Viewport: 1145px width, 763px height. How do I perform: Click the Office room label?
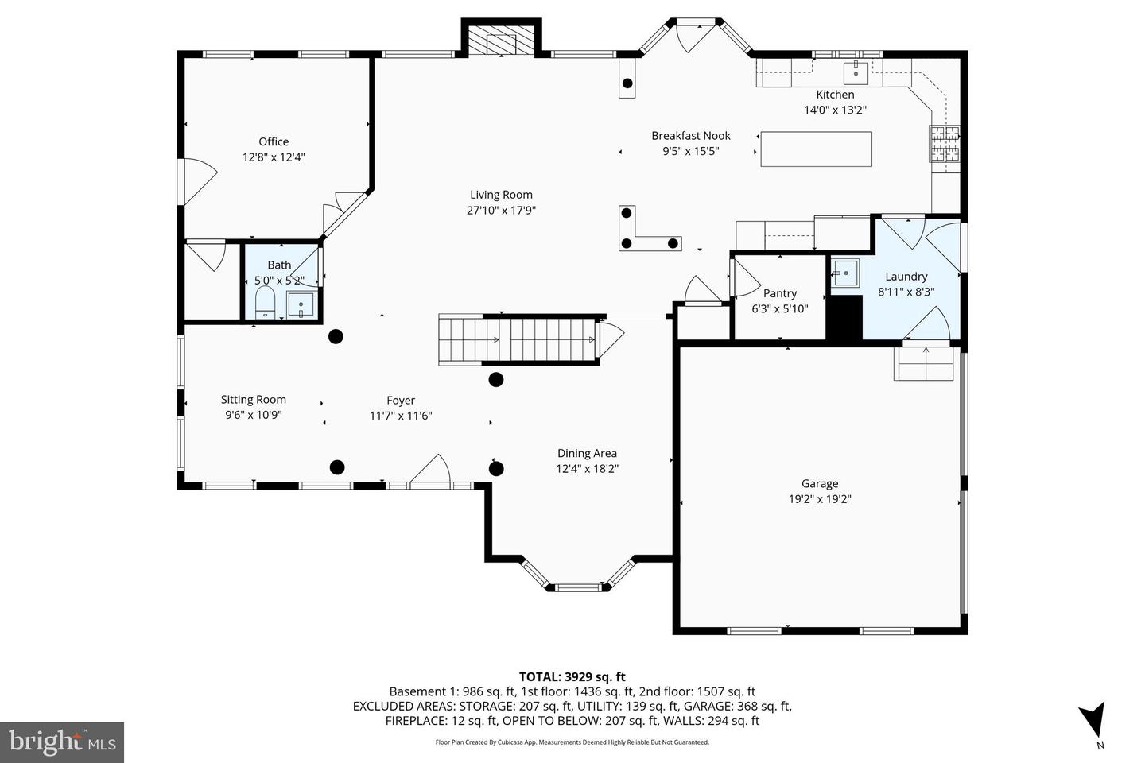[274, 141]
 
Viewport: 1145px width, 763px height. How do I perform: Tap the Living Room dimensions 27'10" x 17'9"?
[501, 211]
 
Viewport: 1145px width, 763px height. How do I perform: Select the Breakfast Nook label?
[690, 136]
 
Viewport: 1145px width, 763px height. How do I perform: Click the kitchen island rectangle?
[816, 149]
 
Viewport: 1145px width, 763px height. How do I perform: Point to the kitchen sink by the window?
[856, 72]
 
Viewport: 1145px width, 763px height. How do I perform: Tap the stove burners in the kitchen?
[945, 144]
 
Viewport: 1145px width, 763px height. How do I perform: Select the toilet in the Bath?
[265, 302]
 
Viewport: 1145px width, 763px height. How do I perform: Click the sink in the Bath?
[301, 304]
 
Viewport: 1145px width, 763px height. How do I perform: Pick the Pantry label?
[779, 293]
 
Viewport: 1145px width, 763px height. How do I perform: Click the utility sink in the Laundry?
[844, 274]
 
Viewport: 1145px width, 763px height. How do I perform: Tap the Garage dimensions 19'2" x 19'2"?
[819, 499]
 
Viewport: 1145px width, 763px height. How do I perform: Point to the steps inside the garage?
[923, 364]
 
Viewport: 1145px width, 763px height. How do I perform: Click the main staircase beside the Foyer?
[518, 339]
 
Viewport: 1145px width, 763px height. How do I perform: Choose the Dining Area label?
[587, 453]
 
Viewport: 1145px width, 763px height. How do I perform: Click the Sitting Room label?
[253, 400]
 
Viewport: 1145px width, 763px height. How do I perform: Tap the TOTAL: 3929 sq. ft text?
[572, 677]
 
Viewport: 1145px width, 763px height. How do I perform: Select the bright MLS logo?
[61, 742]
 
